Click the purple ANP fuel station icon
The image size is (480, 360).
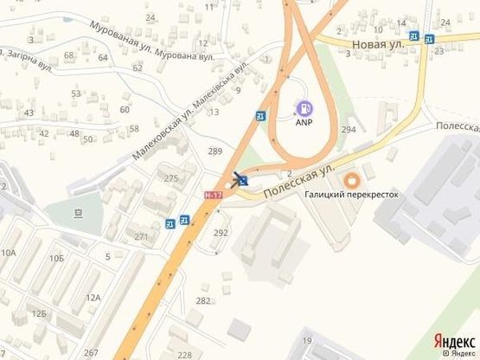tap(304, 109)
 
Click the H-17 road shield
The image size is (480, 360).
tap(213, 196)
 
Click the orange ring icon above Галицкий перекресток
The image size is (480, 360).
tap(351, 181)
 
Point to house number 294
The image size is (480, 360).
tap(349, 129)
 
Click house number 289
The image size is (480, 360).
tap(215, 152)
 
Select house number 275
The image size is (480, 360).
tap(171, 178)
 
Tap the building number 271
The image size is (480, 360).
tap(141, 236)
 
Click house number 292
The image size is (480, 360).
tap(221, 233)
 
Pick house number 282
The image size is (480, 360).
tap(203, 300)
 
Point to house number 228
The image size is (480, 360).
tap(184, 355)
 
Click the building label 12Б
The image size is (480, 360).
tap(39, 313)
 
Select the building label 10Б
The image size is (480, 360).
tap(57, 258)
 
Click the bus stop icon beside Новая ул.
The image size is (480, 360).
tap(415, 36)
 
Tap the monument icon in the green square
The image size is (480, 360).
tap(78, 212)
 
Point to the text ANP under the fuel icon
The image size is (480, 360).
tap(304, 123)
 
